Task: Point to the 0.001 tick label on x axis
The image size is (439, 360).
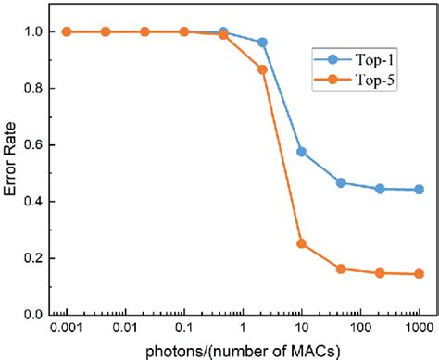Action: coord(68,328)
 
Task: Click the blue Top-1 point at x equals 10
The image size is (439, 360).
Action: coord(302,152)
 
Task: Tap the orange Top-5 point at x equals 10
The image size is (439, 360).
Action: coord(302,243)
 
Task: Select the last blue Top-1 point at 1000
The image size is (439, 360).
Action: coord(419,190)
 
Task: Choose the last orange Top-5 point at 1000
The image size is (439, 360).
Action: coord(419,274)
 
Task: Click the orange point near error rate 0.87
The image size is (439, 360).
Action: coord(262,69)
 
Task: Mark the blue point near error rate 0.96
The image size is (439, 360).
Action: coord(262,43)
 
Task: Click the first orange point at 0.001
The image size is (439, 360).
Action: coord(68,31)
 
